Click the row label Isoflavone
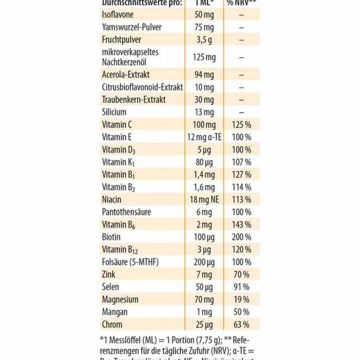click(117, 15)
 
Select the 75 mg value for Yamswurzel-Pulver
click(204, 27)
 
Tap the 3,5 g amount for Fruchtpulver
click(204, 40)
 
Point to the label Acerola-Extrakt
click(126, 74)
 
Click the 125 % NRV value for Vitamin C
click(241, 125)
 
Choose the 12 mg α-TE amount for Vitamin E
click(204, 137)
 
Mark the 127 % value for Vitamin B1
click(241, 175)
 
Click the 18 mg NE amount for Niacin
click(204, 199)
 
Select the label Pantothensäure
click(126, 212)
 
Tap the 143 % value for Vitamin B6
click(241, 224)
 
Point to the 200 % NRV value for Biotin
click(241, 237)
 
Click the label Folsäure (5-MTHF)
click(130, 262)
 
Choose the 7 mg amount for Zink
click(204, 274)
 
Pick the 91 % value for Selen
click(241, 287)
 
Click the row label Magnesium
click(120, 300)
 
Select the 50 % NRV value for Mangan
click(241, 312)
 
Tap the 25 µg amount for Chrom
click(204, 324)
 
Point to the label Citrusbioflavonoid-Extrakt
click(142, 87)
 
